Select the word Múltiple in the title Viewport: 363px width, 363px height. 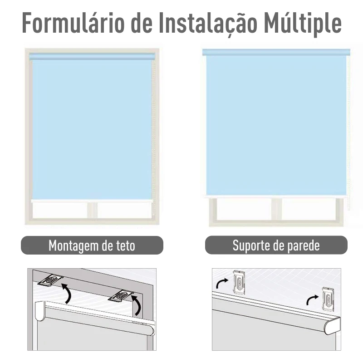pos(303,23)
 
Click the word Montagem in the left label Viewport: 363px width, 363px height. pos(74,245)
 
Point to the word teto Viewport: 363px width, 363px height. pos(126,245)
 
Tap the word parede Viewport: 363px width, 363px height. pos(304,245)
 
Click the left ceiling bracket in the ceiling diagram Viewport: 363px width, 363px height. pos(50,280)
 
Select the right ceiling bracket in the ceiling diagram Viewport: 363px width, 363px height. pos(121,296)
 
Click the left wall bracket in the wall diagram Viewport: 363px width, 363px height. pos(239,282)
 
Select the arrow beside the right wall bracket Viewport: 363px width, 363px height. pos(312,299)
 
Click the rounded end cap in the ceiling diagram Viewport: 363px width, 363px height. pos(40,311)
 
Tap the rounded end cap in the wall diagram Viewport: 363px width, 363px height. pos(332,326)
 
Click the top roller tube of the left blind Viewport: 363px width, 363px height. pos(92,56)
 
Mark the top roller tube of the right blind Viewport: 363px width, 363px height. pos(276,52)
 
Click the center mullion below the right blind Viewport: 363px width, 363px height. pos(276,209)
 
